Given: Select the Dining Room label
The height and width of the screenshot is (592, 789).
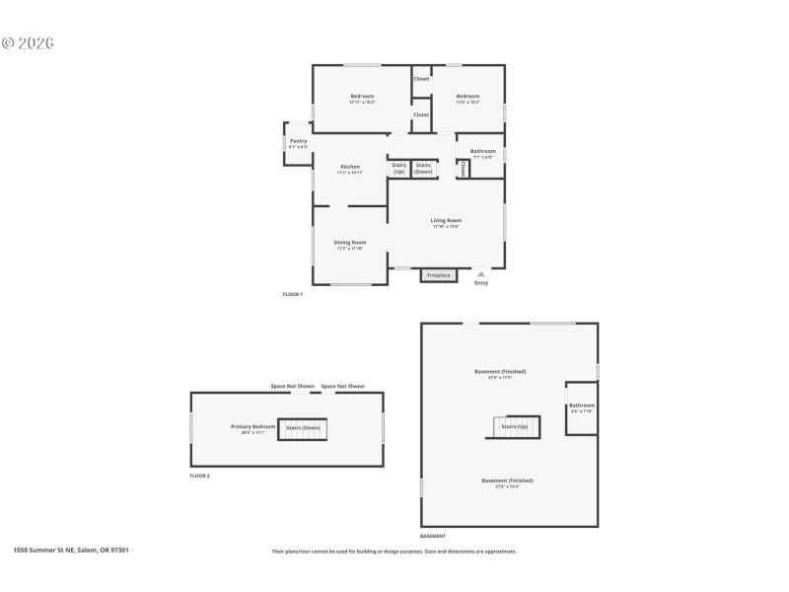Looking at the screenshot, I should click(350, 245).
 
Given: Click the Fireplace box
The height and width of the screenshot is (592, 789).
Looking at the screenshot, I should click(439, 275).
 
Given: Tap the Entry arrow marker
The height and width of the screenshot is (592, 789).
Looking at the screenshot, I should click(481, 275).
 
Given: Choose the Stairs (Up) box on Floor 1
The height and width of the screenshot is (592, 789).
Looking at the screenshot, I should click(398, 169).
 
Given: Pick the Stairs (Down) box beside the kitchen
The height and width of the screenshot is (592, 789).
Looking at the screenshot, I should click(423, 169).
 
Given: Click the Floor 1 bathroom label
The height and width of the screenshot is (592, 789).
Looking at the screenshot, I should click(483, 153).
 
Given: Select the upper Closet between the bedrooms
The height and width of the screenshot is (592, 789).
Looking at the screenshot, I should click(421, 79).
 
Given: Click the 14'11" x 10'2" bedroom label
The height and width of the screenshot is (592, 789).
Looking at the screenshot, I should click(362, 99).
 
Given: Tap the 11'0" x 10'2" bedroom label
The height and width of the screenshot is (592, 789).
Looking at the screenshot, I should click(467, 99).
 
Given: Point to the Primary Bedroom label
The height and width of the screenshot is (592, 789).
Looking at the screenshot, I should click(252, 429).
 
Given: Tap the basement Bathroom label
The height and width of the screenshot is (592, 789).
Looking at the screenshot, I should click(582, 407).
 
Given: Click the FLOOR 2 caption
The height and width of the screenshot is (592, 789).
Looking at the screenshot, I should click(200, 476).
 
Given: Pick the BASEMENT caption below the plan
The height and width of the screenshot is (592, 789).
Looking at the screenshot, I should click(433, 536).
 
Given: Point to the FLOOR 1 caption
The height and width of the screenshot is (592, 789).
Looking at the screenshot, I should click(293, 294).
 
